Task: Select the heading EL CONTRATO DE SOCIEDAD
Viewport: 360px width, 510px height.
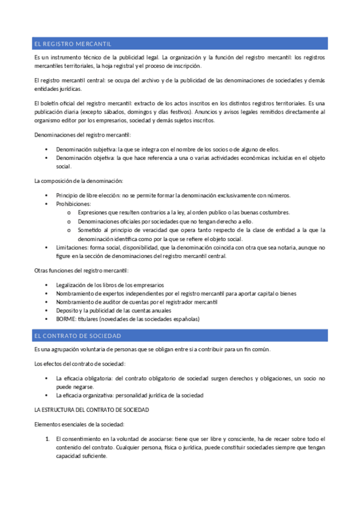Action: coord(78,336)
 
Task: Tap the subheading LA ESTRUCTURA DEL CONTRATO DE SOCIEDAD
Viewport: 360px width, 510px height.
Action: coord(92,410)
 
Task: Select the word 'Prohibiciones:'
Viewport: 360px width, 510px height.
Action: coord(74,204)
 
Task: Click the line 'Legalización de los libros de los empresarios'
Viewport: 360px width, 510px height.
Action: coord(109,284)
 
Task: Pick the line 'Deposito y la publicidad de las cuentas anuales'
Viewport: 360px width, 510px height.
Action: coord(113,310)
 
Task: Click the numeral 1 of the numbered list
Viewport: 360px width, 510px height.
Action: coord(47,438)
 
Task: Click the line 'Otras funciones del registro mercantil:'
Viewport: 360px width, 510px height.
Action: coord(77,270)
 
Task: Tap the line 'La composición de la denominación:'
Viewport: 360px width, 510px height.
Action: coord(79,181)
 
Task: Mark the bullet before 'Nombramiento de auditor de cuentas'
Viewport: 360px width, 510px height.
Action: coord(47,302)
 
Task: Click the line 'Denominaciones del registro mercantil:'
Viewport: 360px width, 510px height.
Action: coord(82,135)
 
